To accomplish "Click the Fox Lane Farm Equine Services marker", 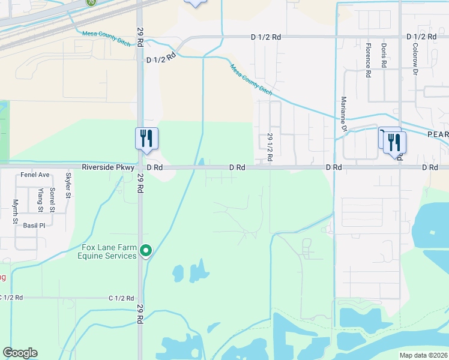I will pos(145,251).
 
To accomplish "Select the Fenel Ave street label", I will pos(35,175).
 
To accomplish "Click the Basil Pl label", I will pos(34,226).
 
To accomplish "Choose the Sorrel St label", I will pos(52,200).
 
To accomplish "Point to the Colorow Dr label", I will pos(414,62).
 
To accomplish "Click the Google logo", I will pos(20,353).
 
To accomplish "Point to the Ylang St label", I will pos(40,200).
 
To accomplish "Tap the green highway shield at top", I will pos(91,2).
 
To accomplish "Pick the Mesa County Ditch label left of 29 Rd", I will pos(107,34).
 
